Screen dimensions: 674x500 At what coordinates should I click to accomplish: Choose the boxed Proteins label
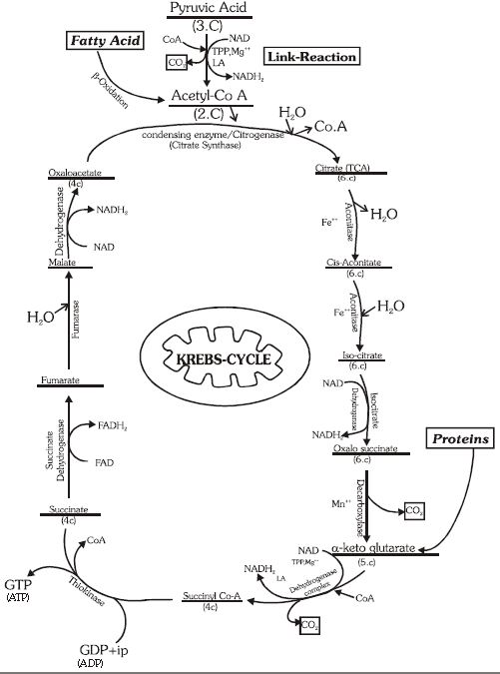pyautogui.click(x=459, y=438)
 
